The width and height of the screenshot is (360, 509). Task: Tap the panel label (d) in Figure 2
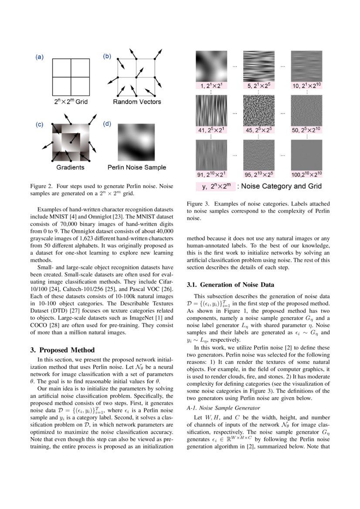pos(107,125)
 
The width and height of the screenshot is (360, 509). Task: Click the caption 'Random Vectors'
pos(137,102)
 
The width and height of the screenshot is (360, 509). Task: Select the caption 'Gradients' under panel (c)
pos(70,167)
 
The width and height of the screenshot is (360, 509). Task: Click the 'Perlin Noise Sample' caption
pos(137,167)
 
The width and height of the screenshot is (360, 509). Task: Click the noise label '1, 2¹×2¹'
pos(211,86)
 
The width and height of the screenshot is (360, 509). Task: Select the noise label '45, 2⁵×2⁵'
pos(258,130)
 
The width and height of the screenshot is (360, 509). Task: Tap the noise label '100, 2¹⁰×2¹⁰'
pos(307,175)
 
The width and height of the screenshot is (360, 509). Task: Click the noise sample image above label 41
pos(211,110)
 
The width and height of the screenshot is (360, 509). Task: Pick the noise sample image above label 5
pos(258,66)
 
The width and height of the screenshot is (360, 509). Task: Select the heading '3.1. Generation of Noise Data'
pos(231,285)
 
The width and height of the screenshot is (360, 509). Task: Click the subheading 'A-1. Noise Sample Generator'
pos(223,408)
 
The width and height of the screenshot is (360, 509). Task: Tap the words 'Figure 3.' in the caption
pos(198,204)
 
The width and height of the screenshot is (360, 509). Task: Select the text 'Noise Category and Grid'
pos(282,186)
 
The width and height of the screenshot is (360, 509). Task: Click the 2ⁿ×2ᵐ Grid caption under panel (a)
pos(70,102)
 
